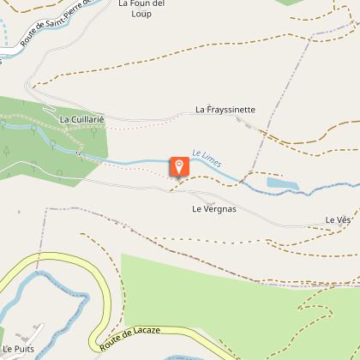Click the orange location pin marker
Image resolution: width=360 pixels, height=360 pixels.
(x=179, y=165)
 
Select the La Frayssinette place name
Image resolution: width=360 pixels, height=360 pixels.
(x=225, y=110)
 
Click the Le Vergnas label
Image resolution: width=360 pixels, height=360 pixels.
(x=214, y=208)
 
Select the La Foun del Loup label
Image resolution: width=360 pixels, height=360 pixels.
(x=141, y=9)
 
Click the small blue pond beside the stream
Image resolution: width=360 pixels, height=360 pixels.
(x=282, y=183)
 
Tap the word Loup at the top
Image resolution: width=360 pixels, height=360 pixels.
(x=141, y=15)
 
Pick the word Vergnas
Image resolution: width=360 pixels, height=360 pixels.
(x=220, y=208)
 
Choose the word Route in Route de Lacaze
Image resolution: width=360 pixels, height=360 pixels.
(x=111, y=344)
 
